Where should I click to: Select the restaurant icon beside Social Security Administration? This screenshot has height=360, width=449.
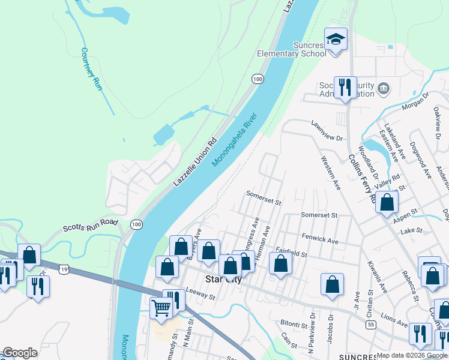coord(345,88)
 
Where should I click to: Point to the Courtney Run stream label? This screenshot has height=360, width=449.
coord(92,69)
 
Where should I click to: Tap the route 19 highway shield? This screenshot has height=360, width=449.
coord(64,271)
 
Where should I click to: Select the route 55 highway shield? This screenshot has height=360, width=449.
coord(372,324)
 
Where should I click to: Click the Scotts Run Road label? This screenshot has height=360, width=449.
coord(91,226)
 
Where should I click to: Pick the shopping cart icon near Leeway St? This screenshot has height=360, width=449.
coord(161,308)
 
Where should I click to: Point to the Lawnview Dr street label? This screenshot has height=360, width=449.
coord(327,130)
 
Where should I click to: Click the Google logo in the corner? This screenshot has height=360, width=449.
coord(20,353)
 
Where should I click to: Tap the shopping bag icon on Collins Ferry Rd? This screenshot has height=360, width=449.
coord(387,203)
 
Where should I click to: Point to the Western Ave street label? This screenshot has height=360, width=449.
coord(331,173)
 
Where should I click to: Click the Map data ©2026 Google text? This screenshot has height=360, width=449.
coord(412,355)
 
